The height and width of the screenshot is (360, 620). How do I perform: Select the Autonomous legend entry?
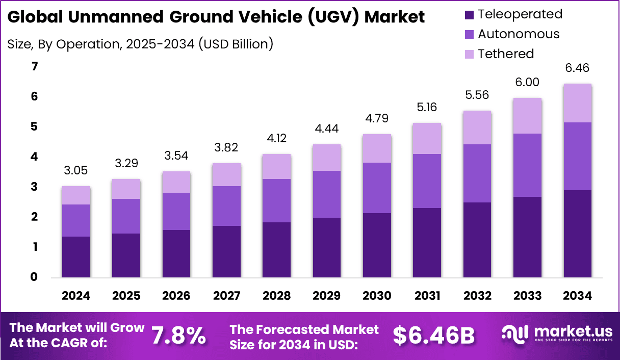pos(519,34)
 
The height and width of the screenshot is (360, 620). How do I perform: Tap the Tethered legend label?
pos(506,54)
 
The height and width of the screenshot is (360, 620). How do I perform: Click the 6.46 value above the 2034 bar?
pos(578,68)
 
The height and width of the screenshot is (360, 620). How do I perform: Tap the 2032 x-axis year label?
pos(477,296)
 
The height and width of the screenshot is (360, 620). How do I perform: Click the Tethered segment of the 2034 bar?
pos(578,103)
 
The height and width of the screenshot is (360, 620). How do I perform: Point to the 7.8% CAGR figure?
pos(178,336)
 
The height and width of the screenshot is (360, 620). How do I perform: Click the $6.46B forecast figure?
pos(434,336)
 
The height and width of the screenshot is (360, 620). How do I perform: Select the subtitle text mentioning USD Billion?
pos(140,44)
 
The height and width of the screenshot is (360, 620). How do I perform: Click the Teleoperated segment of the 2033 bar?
pos(527,237)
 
